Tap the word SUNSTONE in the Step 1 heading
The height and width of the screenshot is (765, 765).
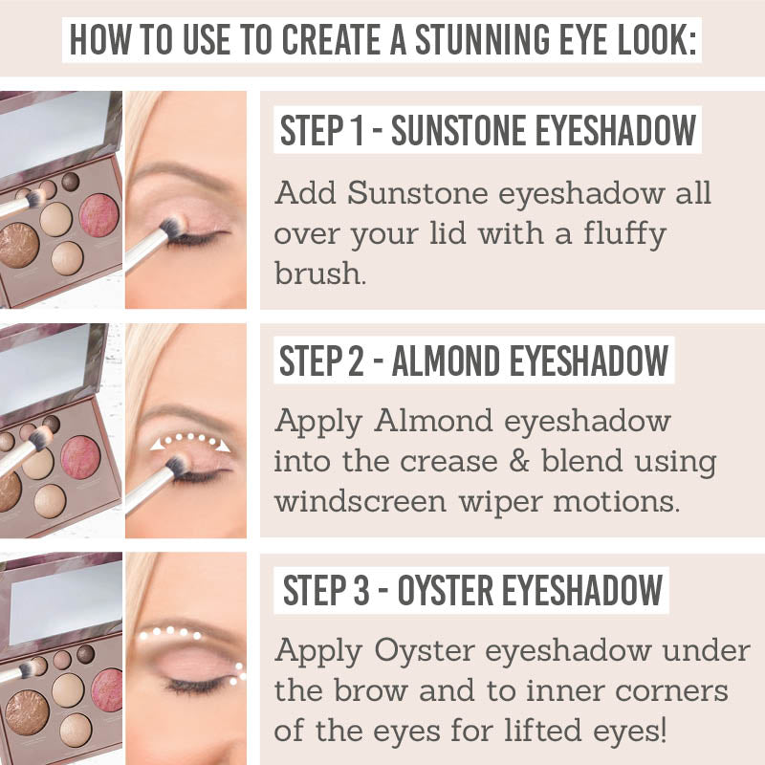[459, 130]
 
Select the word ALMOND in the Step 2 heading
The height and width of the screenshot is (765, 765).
[447, 361]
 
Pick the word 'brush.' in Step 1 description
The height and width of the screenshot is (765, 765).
[320, 273]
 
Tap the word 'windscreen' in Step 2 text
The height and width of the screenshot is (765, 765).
[361, 501]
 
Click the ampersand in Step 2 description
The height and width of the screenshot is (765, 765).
[518, 461]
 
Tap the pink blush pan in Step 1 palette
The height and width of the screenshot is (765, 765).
[99, 215]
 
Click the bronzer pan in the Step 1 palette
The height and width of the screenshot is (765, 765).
[18, 246]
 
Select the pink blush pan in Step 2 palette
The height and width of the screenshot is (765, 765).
[80, 457]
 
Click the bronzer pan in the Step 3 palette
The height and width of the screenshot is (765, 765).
[27, 713]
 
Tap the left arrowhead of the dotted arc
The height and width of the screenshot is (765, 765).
[157, 444]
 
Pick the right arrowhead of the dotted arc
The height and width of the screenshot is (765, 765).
[224, 446]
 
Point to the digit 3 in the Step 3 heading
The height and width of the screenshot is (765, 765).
[361, 590]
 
